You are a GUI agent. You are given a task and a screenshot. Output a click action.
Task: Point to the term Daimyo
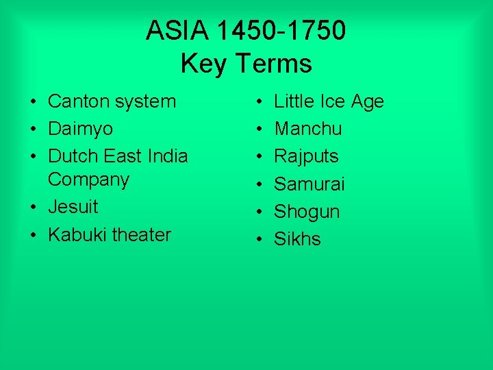80,129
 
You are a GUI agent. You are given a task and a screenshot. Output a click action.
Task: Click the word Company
88,180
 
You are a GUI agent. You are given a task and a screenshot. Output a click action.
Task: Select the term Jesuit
73,206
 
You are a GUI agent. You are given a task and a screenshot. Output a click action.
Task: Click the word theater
140,234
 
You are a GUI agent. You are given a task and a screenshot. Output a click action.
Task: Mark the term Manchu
308,129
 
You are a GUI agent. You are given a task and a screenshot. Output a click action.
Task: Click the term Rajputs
306,156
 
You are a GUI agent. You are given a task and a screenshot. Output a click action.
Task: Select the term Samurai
309,184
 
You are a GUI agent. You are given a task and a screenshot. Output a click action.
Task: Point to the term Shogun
307,212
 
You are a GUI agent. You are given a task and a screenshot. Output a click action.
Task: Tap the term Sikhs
297,238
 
